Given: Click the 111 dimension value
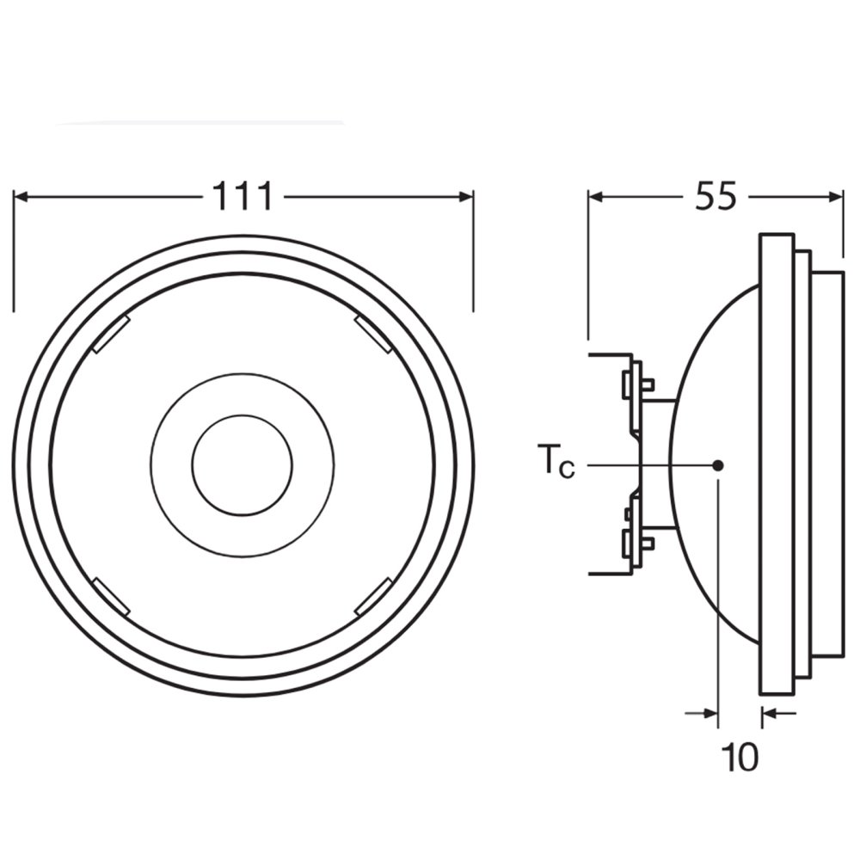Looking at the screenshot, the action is click(x=243, y=196).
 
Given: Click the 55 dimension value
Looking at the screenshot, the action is click(x=716, y=196).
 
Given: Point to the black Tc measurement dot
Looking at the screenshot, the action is click(x=717, y=465).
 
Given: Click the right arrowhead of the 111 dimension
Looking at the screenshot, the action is click(x=465, y=196).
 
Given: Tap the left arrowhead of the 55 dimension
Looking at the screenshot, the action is click(x=596, y=196).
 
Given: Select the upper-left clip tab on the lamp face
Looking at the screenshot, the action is click(x=111, y=335).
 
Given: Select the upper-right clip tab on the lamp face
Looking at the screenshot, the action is click(x=373, y=335).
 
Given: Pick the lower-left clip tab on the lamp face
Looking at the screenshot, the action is click(x=111, y=597).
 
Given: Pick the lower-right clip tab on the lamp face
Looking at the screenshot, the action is click(x=373, y=597).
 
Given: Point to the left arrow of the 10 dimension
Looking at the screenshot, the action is click(x=702, y=713).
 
